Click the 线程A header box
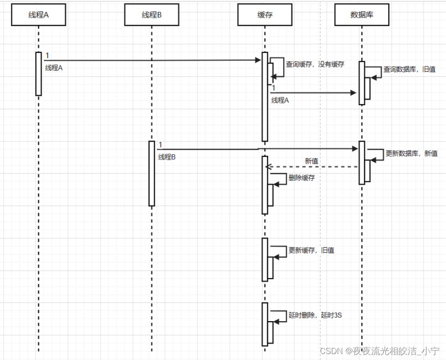pyautogui.click(x=38, y=15)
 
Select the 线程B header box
pyautogui.click(x=151, y=15)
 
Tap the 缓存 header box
pyautogui.click(x=265, y=15)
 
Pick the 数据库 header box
pyautogui.click(x=361, y=15)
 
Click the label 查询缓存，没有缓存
pyautogui.click(x=315, y=64)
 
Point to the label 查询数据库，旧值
pyautogui.click(x=409, y=69)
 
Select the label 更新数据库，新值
pyautogui.click(x=412, y=154)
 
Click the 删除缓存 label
pyautogui.click(x=302, y=178)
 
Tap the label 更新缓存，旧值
pyautogui.click(x=311, y=250)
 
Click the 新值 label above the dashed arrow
pyautogui.click(x=312, y=161)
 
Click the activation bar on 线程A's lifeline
pyautogui.click(x=38, y=74)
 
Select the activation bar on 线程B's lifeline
pyautogui.click(x=152, y=174)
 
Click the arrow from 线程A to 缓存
pyautogui.click(x=151, y=60)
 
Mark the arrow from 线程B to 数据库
pyautogui.click(x=256, y=149)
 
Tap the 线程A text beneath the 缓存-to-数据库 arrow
pyautogui.click(x=280, y=101)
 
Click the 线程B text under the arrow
pyautogui.click(x=167, y=157)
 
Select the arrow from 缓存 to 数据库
pyautogui.click(x=313, y=93)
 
